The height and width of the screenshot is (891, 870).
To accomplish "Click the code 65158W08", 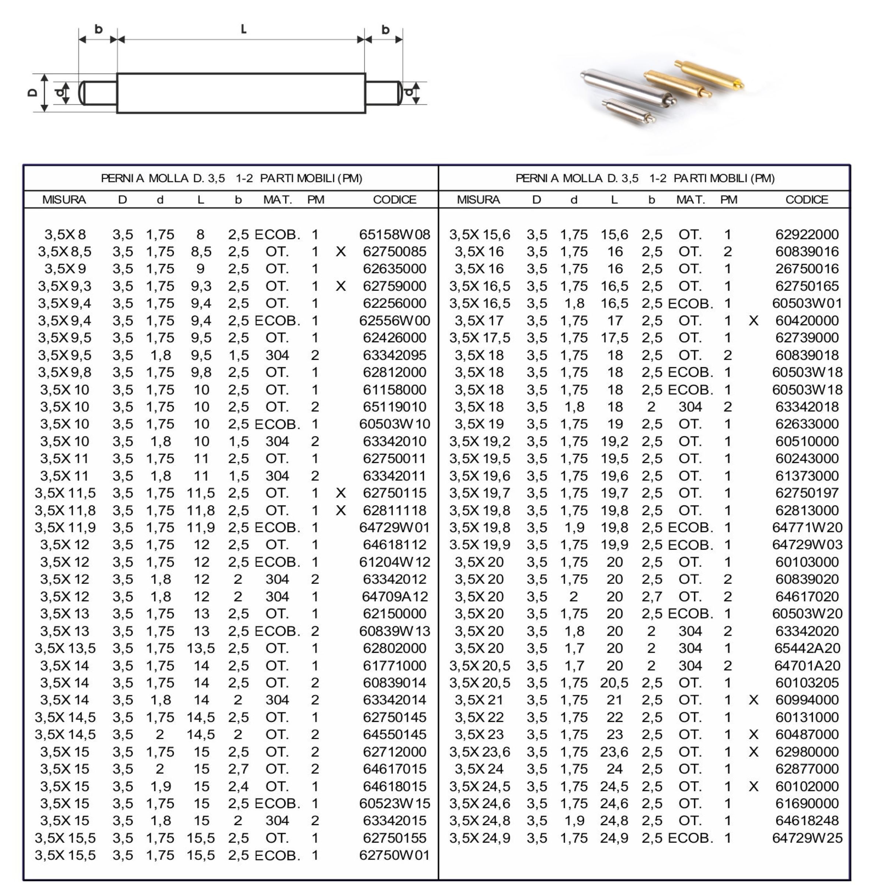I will [394, 234].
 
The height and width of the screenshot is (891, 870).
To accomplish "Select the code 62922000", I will [807, 234].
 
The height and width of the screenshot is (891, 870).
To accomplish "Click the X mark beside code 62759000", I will [340, 286].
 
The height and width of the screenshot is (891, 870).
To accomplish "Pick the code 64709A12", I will [394, 596].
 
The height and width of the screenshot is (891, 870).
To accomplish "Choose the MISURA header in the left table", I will [64, 200].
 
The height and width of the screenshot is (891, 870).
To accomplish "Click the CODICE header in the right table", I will [807, 200].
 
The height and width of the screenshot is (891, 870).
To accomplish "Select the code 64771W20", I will [807, 527].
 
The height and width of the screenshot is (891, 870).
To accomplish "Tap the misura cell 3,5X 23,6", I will [479, 752].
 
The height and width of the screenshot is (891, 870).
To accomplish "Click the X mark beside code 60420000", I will [754, 321].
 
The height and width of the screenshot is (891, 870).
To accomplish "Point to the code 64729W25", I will [807, 838].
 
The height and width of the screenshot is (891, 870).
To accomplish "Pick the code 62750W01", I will [394, 855].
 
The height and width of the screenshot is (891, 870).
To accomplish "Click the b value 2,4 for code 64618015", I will [238, 786].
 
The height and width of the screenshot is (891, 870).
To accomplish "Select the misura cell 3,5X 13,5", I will [65, 648].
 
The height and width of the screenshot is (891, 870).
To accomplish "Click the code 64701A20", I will [807, 666].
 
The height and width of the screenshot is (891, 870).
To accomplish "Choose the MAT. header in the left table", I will [277, 200].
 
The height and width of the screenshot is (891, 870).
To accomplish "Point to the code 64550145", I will [394, 734].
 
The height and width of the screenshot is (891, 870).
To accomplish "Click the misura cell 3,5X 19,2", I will [479, 441].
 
